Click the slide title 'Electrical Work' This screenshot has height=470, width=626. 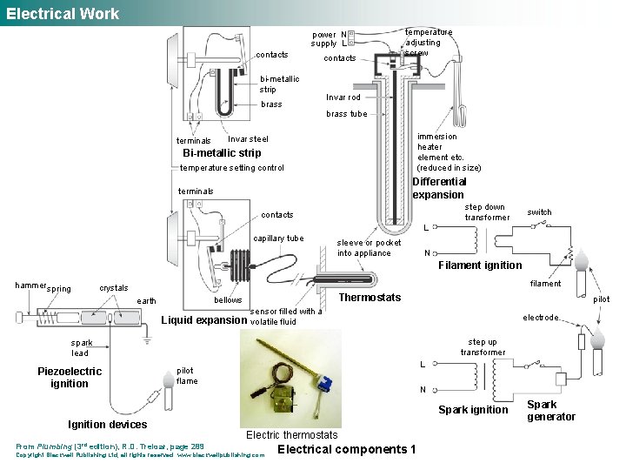point(63,13)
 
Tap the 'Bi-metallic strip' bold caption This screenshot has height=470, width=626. point(221,154)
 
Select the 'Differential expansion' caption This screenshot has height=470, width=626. point(438,188)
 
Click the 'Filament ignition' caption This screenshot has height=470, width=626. point(480,265)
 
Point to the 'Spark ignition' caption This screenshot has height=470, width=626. point(473,410)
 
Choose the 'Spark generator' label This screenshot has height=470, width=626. point(550,411)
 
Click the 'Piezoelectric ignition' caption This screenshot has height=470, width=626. point(70,377)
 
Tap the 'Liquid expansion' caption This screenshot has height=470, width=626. point(204,319)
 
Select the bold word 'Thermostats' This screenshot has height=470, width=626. point(370,298)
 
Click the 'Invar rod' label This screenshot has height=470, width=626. point(343,97)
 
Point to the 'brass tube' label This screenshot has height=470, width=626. point(346,114)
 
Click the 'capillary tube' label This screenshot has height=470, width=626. point(278,238)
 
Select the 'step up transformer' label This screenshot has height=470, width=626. point(483,347)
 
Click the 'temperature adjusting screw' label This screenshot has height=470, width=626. point(428,42)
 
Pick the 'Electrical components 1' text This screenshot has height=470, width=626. point(346,449)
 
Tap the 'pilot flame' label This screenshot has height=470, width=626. point(187,375)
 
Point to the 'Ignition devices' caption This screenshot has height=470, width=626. point(107,425)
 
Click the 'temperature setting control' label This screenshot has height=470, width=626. point(231,168)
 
